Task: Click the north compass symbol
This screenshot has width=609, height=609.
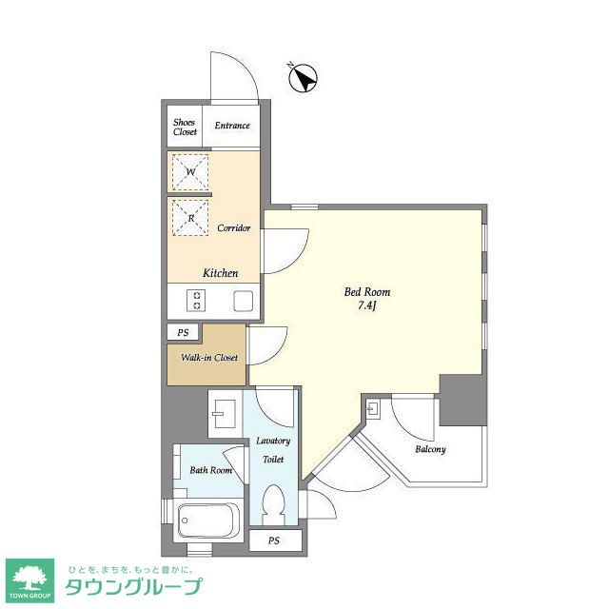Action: (x=304, y=78)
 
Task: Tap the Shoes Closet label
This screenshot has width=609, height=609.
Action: (x=185, y=127)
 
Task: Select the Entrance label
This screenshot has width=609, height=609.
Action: (x=232, y=126)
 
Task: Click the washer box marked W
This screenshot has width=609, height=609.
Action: (x=190, y=171)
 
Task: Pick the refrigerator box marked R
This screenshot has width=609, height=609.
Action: (x=190, y=218)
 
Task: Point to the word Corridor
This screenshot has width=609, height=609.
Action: (x=233, y=228)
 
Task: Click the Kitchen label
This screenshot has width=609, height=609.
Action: (x=220, y=273)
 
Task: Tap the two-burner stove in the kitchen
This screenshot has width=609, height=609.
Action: (x=197, y=301)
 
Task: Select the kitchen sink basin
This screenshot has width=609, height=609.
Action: (x=244, y=301)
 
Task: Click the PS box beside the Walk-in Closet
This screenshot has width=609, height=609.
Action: (x=183, y=332)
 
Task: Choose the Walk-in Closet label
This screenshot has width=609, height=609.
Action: (x=209, y=358)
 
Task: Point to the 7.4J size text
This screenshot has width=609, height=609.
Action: (x=367, y=306)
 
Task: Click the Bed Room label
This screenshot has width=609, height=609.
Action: (x=367, y=292)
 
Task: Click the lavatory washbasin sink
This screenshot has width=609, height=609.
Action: (x=224, y=414)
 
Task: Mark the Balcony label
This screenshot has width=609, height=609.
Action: (x=430, y=449)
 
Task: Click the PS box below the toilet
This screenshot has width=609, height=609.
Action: (x=275, y=540)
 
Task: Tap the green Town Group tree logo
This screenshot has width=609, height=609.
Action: (x=29, y=580)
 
